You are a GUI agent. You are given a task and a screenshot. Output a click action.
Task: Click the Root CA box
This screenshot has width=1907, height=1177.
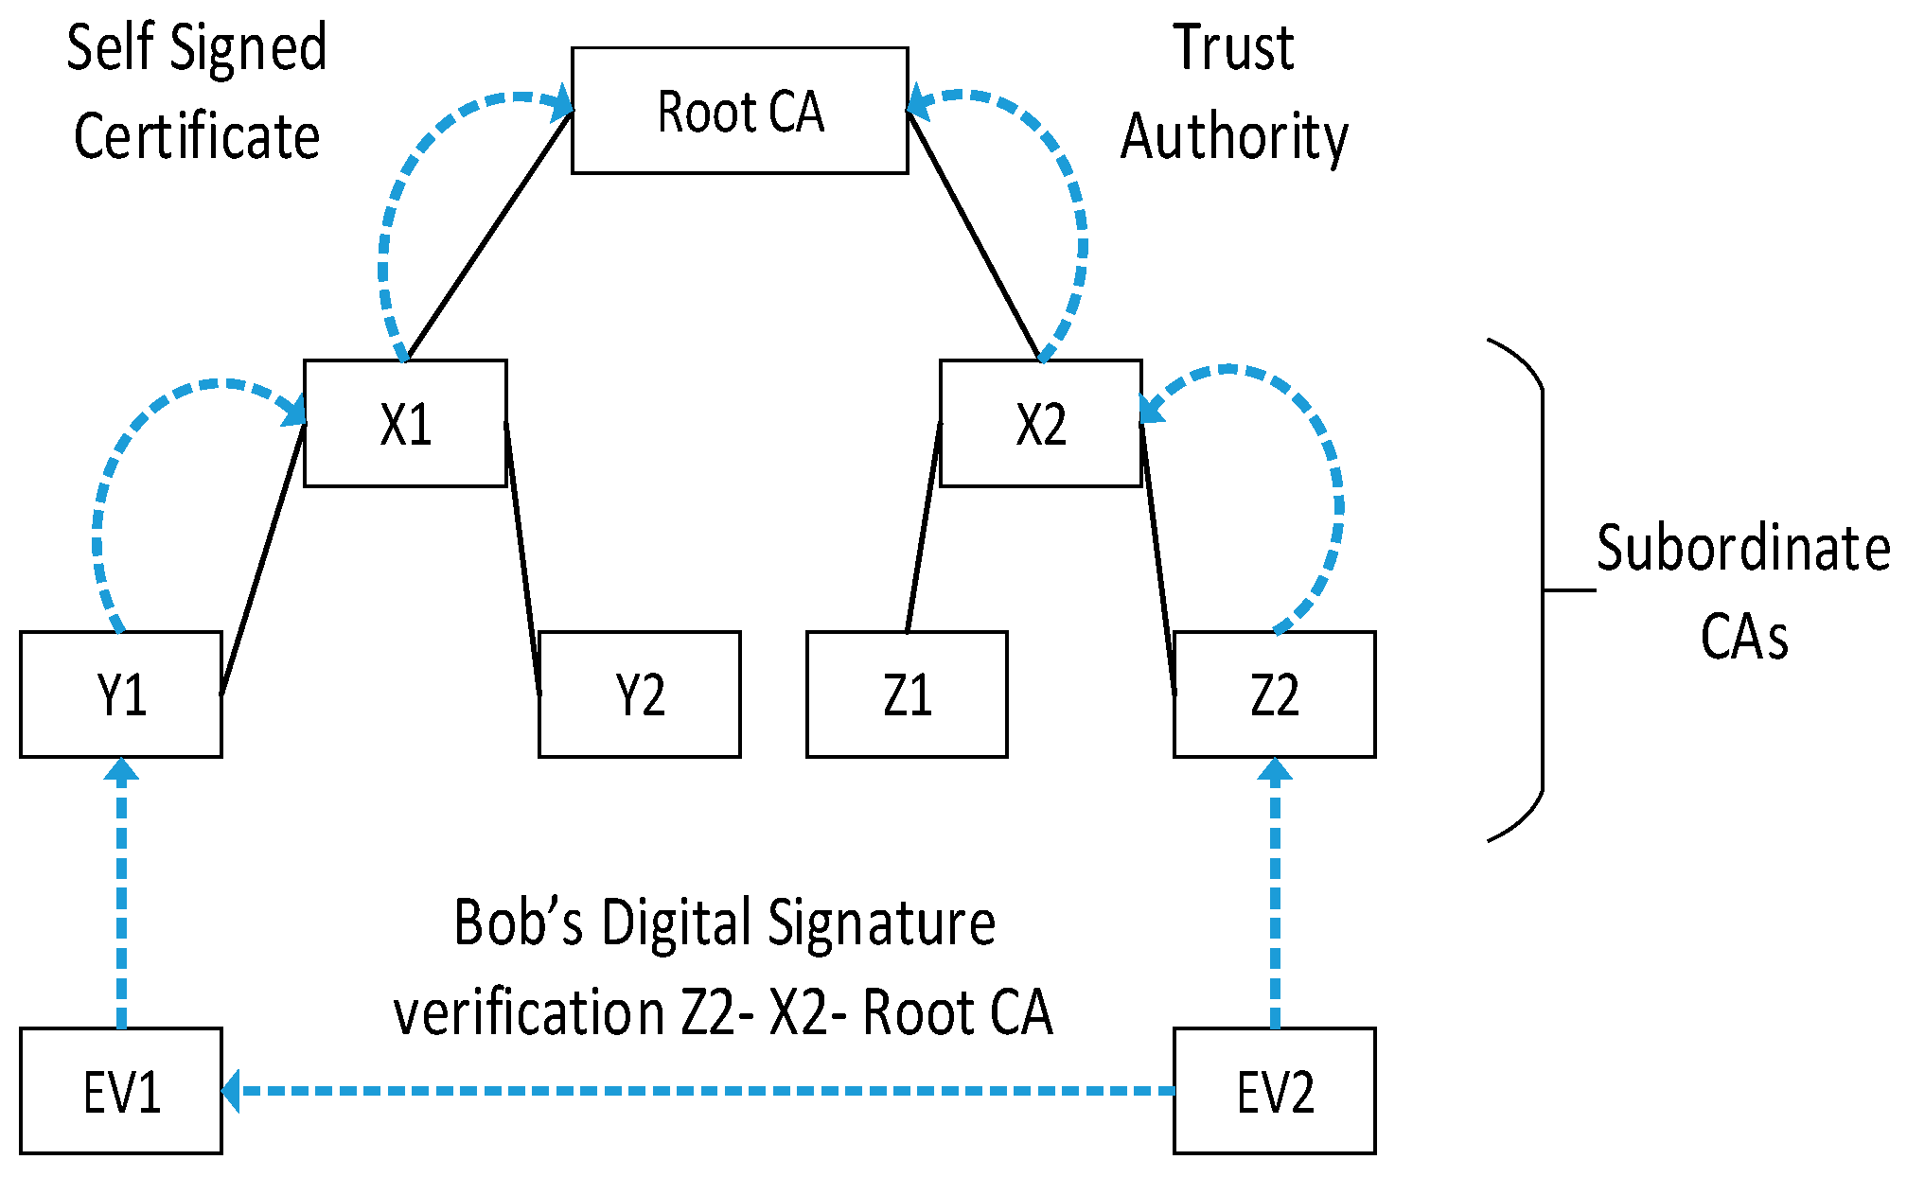(739, 111)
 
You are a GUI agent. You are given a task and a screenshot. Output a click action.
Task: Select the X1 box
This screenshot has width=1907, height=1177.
(405, 423)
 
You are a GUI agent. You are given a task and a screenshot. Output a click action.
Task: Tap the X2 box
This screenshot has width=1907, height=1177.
(1040, 423)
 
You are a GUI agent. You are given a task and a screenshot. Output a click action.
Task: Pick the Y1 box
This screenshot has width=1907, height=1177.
(121, 694)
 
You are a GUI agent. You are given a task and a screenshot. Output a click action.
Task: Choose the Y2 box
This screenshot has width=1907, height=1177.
(640, 694)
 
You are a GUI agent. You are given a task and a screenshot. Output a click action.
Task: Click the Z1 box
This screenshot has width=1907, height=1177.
(907, 694)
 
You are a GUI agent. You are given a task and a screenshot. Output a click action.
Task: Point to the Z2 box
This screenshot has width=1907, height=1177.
(1274, 694)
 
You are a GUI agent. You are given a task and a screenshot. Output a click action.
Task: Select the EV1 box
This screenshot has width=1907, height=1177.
(121, 1091)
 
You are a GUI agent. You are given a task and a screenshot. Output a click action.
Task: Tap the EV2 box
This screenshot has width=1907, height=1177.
(1274, 1091)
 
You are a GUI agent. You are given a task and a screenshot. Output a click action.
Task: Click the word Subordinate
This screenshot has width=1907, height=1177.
(1742, 549)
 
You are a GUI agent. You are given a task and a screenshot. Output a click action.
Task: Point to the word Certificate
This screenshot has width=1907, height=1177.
(197, 136)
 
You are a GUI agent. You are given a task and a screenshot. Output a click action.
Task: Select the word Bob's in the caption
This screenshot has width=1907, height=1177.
(518, 922)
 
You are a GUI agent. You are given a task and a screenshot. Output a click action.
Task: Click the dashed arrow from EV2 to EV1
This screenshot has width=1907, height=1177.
(700, 1091)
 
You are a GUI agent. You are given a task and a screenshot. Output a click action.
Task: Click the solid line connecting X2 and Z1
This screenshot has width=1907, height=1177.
(923, 530)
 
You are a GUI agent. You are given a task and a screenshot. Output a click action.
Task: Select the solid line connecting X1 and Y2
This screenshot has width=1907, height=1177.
(522, 558)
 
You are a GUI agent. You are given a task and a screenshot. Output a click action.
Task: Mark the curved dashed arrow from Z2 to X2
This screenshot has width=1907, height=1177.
(1336, 501)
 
